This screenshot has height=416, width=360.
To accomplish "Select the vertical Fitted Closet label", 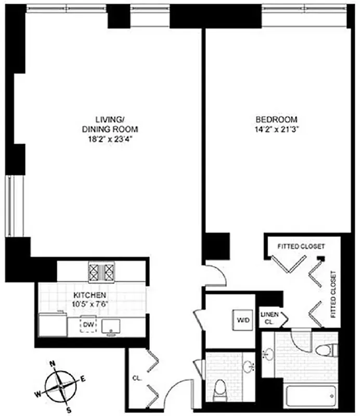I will click(x=333, y=294).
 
